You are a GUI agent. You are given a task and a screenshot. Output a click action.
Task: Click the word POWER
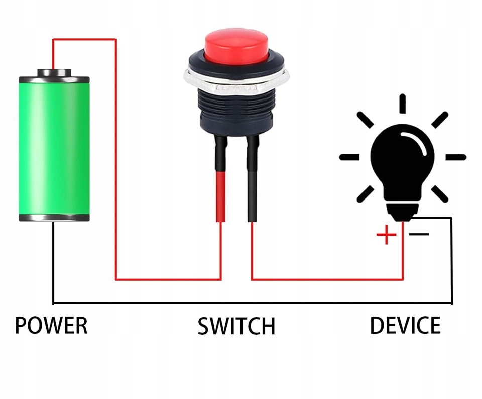(x=51, y=326)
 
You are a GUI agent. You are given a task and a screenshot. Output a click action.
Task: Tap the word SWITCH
(x=236, y=326)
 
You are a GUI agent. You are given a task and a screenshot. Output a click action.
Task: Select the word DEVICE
(x=405, y=326)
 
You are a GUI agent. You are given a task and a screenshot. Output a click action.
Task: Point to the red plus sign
(x=386, y=235)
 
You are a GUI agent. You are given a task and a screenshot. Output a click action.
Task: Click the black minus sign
(x=419, y=234)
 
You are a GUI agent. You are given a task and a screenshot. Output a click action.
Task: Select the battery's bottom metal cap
(x=54, y=218)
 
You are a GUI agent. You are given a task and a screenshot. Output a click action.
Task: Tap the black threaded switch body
(x=236, y=113)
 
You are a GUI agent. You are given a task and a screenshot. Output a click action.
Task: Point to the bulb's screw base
(x=402, y=211)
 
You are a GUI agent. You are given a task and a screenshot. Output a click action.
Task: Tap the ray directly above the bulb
(x=402, y=104)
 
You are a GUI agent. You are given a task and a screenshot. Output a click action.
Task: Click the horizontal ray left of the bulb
(x=349, y=157)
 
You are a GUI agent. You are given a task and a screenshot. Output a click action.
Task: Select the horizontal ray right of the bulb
(x=456, y=157)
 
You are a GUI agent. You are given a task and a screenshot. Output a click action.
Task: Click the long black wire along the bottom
(x=251, y=303)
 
